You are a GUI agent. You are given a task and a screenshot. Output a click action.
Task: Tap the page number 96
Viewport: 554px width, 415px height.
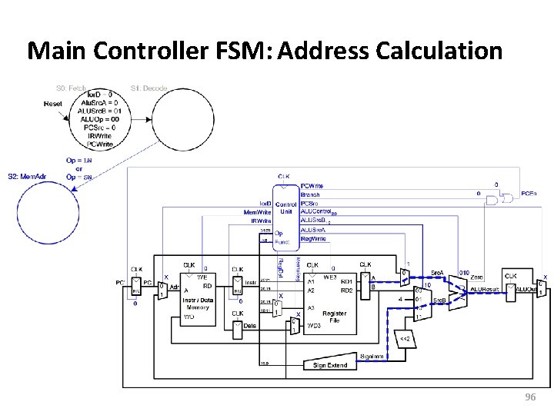[529, 397]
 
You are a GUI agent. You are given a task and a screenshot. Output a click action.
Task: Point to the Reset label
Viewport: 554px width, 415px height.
[53, 103]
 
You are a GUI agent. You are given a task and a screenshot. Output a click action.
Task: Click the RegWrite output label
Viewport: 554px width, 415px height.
[313, 238]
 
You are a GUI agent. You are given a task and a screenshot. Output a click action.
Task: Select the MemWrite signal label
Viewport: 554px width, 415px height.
[256, 211]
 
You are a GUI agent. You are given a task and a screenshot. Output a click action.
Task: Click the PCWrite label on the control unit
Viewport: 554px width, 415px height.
[312, 186]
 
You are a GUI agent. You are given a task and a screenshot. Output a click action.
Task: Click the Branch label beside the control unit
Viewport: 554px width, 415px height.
[310, 195]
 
